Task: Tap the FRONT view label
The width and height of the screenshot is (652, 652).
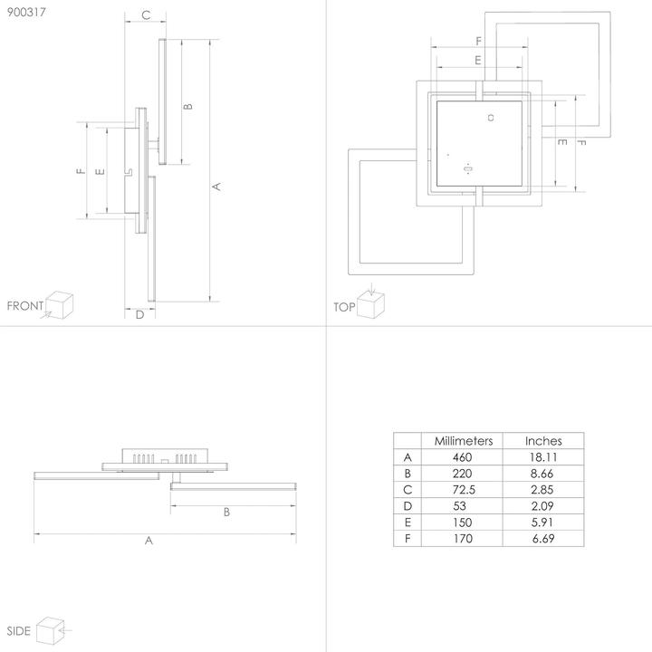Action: pos(24,306)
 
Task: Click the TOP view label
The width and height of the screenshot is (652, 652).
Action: pos(344,307)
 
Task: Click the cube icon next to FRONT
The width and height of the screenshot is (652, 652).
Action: pos(59,303)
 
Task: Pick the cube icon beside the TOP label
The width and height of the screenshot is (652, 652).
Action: pos(372,304)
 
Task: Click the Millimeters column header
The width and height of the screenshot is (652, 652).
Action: pos(463,441)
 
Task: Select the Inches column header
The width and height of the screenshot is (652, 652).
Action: pos(543,441)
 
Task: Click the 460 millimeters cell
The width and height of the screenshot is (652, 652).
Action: pos(463,457)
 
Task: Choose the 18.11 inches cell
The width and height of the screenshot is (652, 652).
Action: pos(543,457)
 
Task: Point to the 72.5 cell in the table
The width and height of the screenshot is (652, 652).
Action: pos(463,490)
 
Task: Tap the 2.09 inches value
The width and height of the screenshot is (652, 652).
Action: pos(543,506)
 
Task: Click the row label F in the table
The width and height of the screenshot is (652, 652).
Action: pos(407,539)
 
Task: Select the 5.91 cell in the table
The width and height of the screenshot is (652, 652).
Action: pos(543,523)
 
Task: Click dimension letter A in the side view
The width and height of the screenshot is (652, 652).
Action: pos(149,541)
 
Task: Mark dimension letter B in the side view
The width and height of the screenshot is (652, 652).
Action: pos(226,512)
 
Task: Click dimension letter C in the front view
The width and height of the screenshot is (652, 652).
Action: pos(145,15)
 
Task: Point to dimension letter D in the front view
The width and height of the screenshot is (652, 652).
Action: pos(139,315)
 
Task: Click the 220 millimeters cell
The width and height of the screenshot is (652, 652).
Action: pos(463,474)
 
